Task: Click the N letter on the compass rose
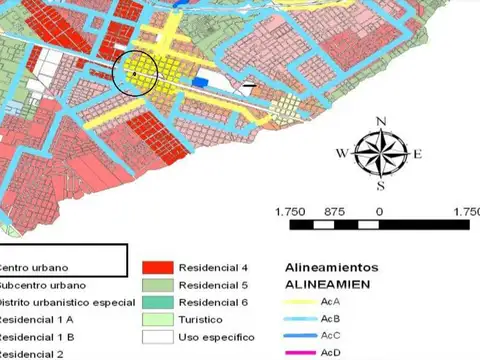[381, 122]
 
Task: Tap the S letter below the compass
[381, 185]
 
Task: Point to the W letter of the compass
[342, 154]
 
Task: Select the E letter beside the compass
[417, 154]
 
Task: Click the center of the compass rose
[380, 153]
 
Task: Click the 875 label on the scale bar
[334, 212]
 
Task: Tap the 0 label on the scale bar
[379, 212]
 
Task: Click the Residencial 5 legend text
[212, 285]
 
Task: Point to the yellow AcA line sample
[299, 302]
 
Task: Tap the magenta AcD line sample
[299, 352]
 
